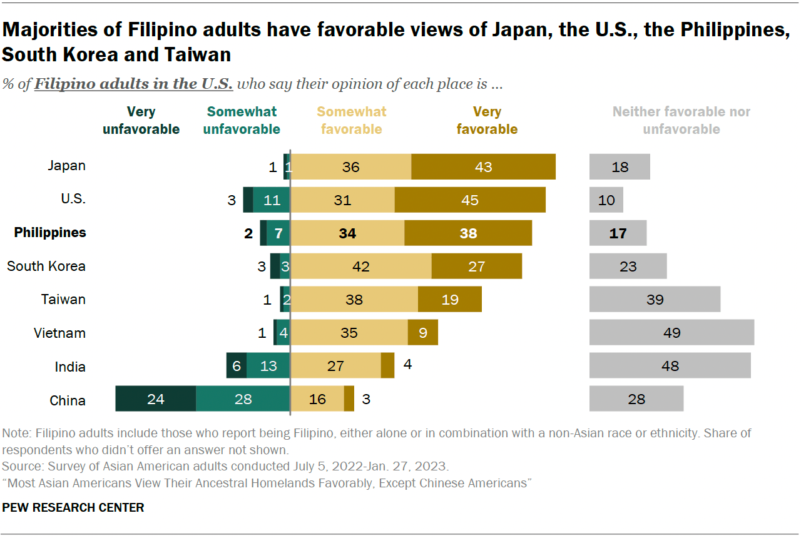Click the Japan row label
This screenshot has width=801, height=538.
point(66,166)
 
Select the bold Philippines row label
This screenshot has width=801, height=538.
point(50,233)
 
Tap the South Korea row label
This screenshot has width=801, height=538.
point(46,266)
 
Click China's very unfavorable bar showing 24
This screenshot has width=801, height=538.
point(156,398)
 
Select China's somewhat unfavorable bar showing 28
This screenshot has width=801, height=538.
point(243,398)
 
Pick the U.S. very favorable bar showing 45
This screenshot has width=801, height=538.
point(470,200)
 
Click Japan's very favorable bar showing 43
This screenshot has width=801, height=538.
point(483,166)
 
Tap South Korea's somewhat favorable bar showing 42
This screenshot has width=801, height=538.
point(360,266)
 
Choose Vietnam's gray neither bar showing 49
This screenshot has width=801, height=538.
point(671,332)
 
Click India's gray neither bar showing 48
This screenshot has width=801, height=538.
point(670,365)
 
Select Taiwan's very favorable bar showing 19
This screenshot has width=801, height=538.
point(449,299)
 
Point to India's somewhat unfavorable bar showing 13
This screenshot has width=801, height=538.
point(268,365)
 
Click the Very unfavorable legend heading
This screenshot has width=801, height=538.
point(141,121)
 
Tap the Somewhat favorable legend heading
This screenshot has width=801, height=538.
point(352,121)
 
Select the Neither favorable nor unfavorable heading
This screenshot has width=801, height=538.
point(681,121)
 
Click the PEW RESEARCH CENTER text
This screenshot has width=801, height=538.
point(73,507)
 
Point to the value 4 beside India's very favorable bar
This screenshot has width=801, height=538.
point(407,365)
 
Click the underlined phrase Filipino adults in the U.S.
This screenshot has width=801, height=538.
point(133,84)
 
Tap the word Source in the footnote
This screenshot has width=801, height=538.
point(20,466)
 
